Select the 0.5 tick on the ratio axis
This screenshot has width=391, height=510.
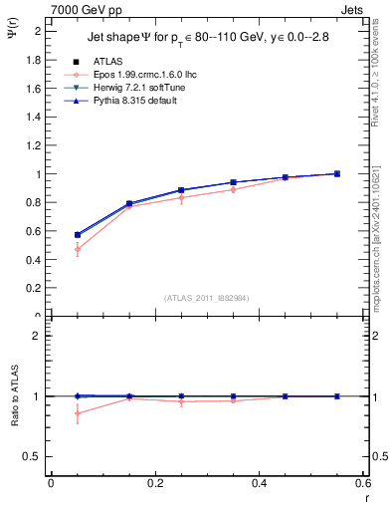tap(34, 457)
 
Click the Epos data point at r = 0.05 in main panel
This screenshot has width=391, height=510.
tap(78, 249)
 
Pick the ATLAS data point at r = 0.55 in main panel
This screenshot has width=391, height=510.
tap(337, 173)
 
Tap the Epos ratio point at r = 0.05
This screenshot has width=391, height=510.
tap(78, 413)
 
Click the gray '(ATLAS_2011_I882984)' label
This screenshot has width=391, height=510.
tap(206, 296)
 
